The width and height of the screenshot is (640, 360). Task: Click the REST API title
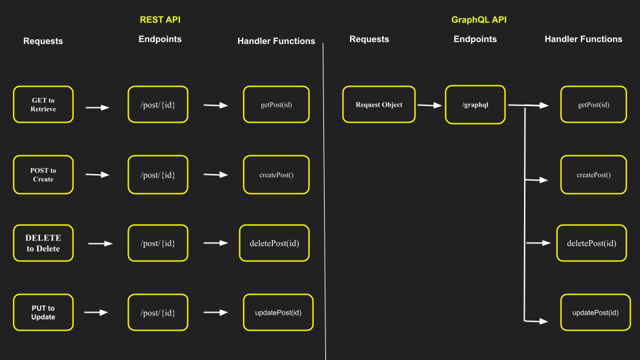(x=160, y=20)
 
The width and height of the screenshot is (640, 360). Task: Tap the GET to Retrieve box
(x=43, y=105)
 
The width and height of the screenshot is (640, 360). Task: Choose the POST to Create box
(x=43, y=175)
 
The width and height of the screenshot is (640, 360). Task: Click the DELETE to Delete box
(x=43, y=243)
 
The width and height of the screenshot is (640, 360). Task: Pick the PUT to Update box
(x=43, y=313)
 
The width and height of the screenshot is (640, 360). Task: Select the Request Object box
(x=379, y=105)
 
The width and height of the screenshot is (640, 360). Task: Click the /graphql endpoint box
(x=475, y=105)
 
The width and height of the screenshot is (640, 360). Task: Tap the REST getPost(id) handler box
(x=276, y=105)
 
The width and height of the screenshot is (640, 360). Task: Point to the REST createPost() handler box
(x=276, y=175)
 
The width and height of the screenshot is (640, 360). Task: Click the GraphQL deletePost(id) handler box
(x=592, y=243)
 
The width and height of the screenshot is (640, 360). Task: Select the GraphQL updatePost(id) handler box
(x=595, y=313)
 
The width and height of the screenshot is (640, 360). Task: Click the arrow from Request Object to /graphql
(x=430, y=105)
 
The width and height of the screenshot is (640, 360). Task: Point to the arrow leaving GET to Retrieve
(x=97, y=107)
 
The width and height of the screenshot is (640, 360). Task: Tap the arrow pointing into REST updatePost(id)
(x=216, y=313)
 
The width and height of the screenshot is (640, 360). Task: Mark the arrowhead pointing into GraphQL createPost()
(x=545, y=180)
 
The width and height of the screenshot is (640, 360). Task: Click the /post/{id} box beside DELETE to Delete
(x=158, y=243)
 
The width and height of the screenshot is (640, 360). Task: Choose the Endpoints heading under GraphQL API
(x=475, y=39)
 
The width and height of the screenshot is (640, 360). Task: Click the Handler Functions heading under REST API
(x=276, y=41)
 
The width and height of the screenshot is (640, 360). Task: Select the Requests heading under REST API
(x=43, y=41)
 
